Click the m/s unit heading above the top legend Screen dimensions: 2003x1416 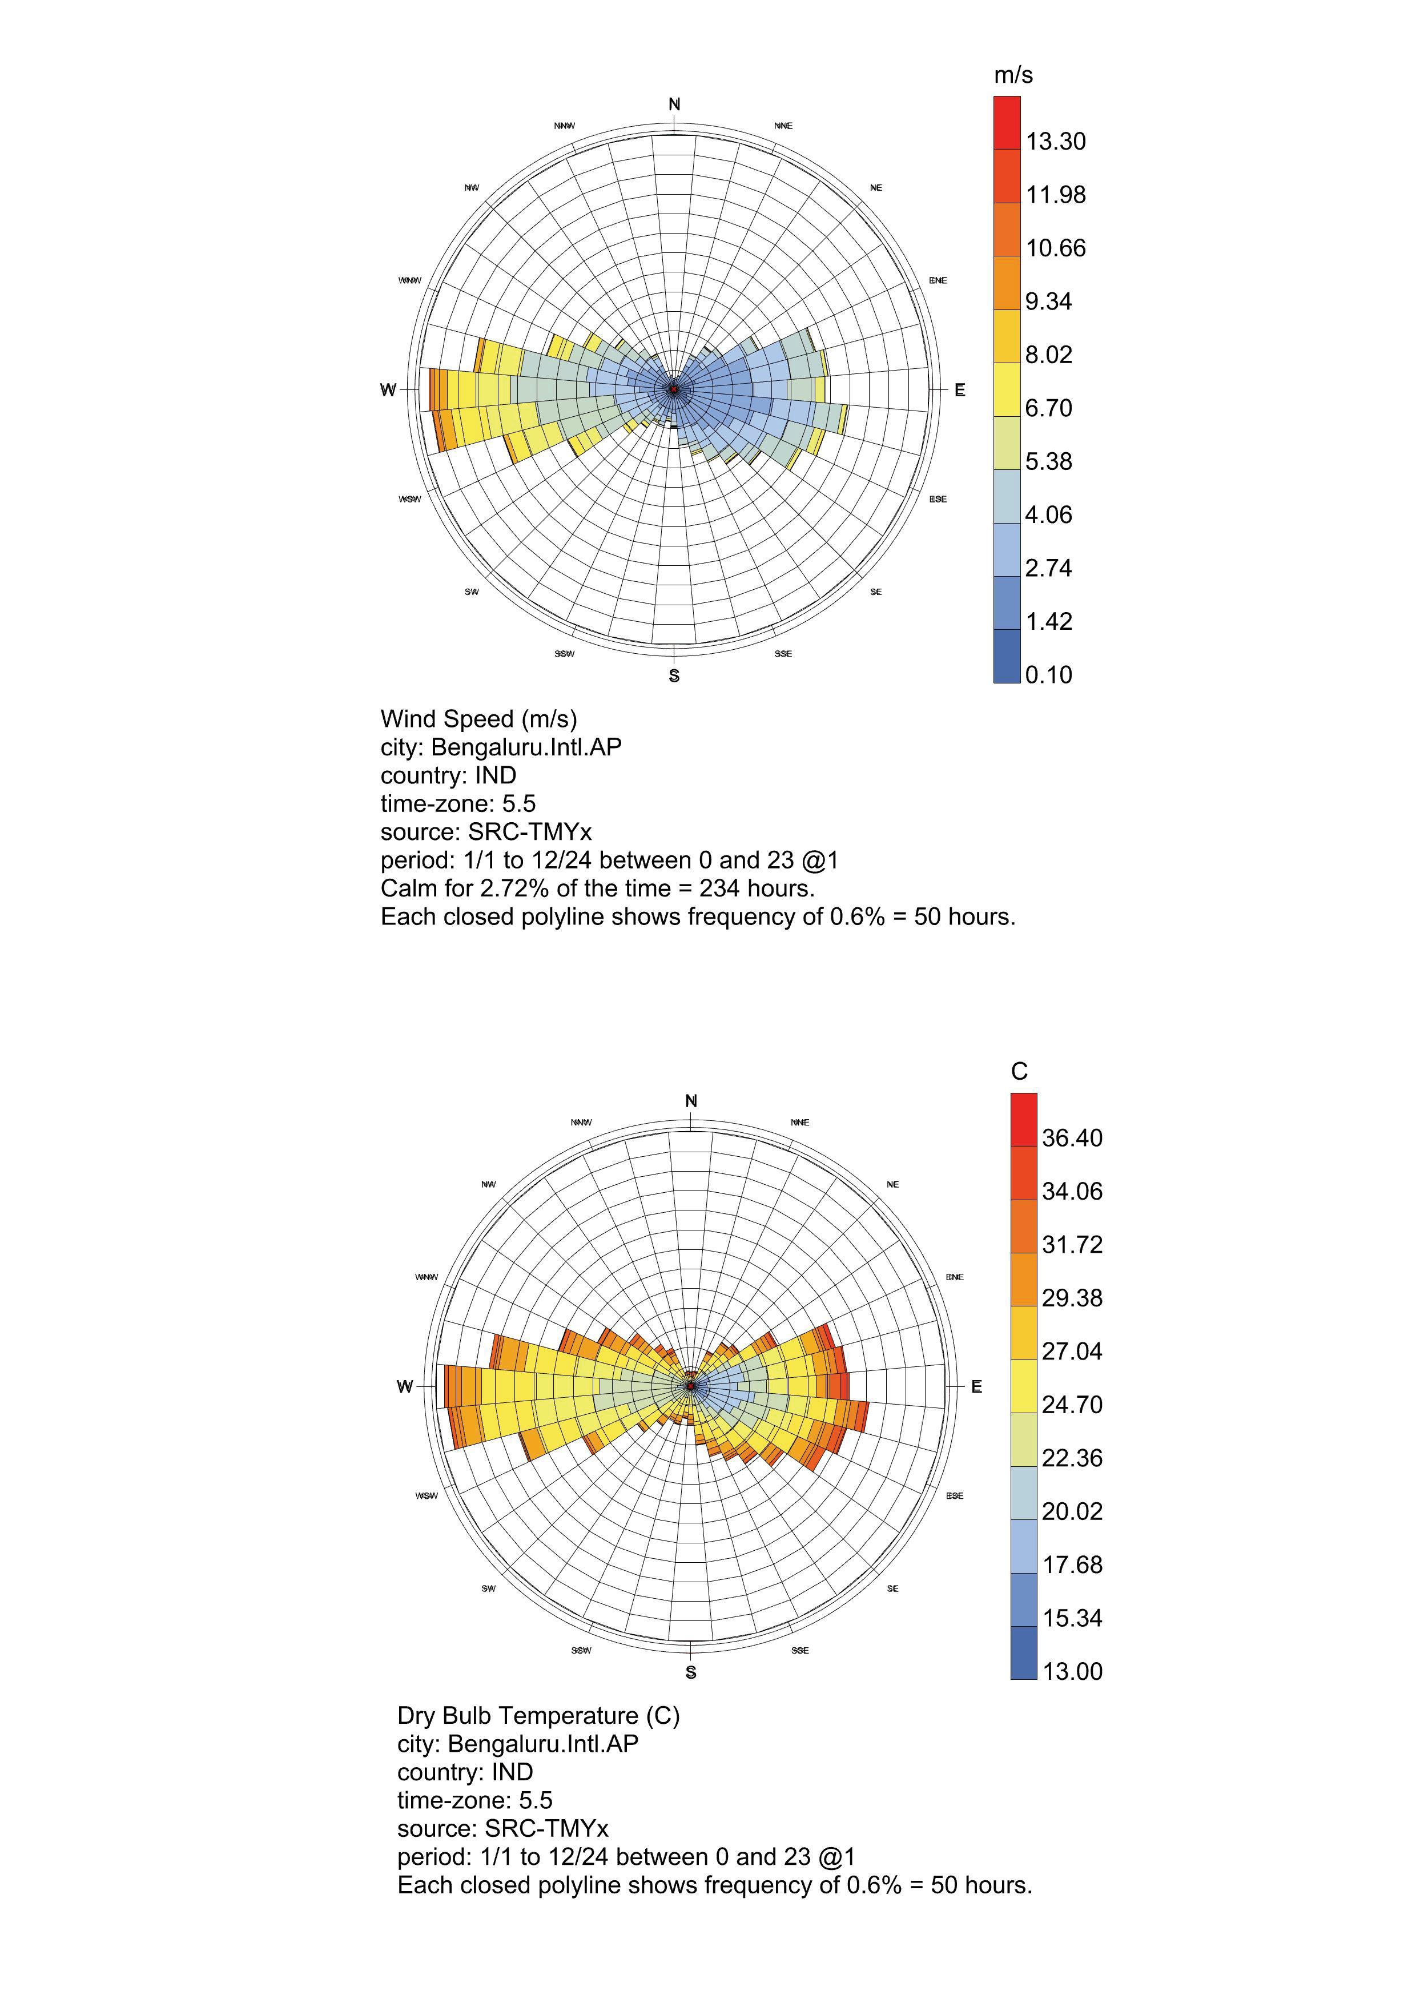(x=1013, y=76)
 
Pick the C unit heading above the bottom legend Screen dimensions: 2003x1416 (x=1019, y=1071)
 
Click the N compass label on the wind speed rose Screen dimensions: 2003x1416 (x=674, y=104)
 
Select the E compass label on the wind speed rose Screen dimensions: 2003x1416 (x=960, y=390)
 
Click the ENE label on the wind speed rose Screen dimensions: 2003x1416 (x=938, y=280)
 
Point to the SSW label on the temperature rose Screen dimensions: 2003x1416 (x=581, y=1650)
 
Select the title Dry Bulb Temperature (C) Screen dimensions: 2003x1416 (x=538, y=1715)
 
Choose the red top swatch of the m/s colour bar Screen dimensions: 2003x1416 (x=1007, y=123)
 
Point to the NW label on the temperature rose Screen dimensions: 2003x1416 (x=489, y=1184)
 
